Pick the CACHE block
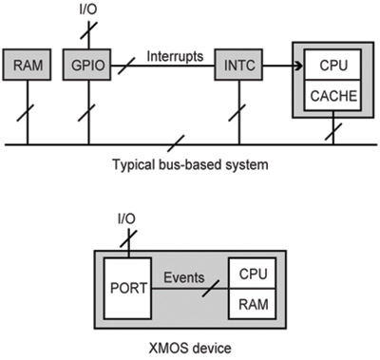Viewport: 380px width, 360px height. [332, 96]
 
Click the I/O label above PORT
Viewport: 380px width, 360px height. [125, 220]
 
